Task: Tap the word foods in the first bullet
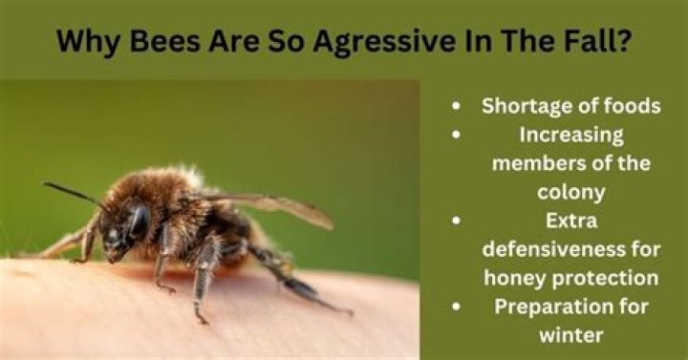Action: pos(627,106)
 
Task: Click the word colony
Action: pos(571,192)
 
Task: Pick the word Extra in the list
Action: pos(571,221)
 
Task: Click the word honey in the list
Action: pos(514,278)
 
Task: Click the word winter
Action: pos(571,335)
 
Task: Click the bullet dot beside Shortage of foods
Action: pos(462,107)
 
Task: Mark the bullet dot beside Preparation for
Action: pos(462,307)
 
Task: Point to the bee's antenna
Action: pos(72,192)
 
